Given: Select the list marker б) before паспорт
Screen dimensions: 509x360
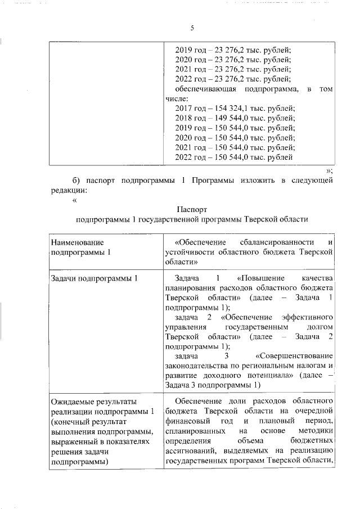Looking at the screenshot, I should click(76, 180).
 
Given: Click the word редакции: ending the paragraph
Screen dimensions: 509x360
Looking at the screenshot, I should click(69, 190).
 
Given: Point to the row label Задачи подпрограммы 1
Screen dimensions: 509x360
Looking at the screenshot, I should click(94, 278).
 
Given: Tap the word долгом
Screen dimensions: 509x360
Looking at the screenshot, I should click(319, 326).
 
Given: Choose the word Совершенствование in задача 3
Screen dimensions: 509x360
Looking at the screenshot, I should click(295, 355).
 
